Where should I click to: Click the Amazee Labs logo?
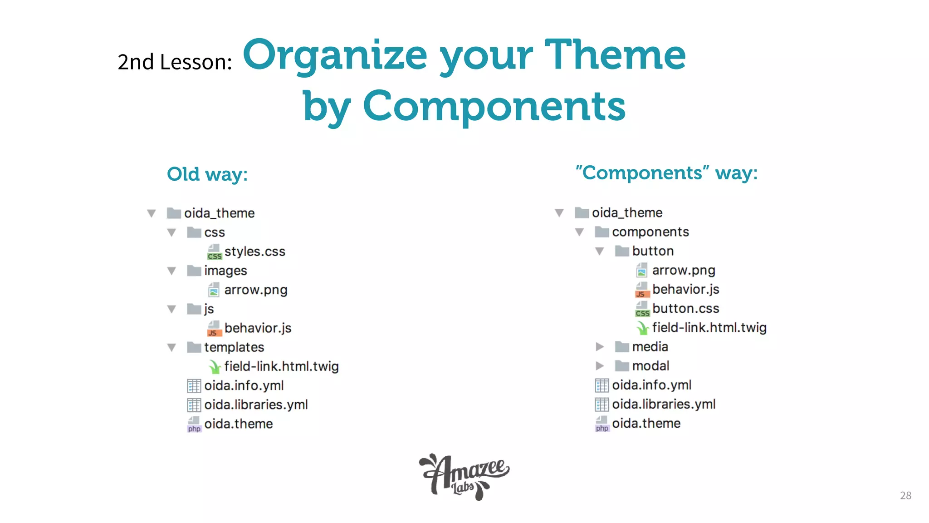click(464, 477)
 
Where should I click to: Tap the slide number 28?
click(905, 495)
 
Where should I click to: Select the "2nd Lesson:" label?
click(175, 62)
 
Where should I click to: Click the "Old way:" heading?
click(207, 174)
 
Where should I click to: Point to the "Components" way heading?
click(666, 173)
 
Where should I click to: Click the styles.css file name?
click(254, 252)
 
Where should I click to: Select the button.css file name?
click(685, 309)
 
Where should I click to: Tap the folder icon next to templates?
click(194, 347)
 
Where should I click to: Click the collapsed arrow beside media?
click(600, 347)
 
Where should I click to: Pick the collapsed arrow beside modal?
click(600, 366)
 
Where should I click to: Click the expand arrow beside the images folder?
click(171, 271)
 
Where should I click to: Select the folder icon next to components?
click(601, 232)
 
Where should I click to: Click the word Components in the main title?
click(494, 106)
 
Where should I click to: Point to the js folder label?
click(209, 309)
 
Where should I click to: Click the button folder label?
click(653, 251)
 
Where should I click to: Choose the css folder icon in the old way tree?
click(194, 232)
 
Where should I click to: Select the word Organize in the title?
click(335, 55)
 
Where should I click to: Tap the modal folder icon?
click(622, 366)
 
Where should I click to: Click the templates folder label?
click(234, 347)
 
